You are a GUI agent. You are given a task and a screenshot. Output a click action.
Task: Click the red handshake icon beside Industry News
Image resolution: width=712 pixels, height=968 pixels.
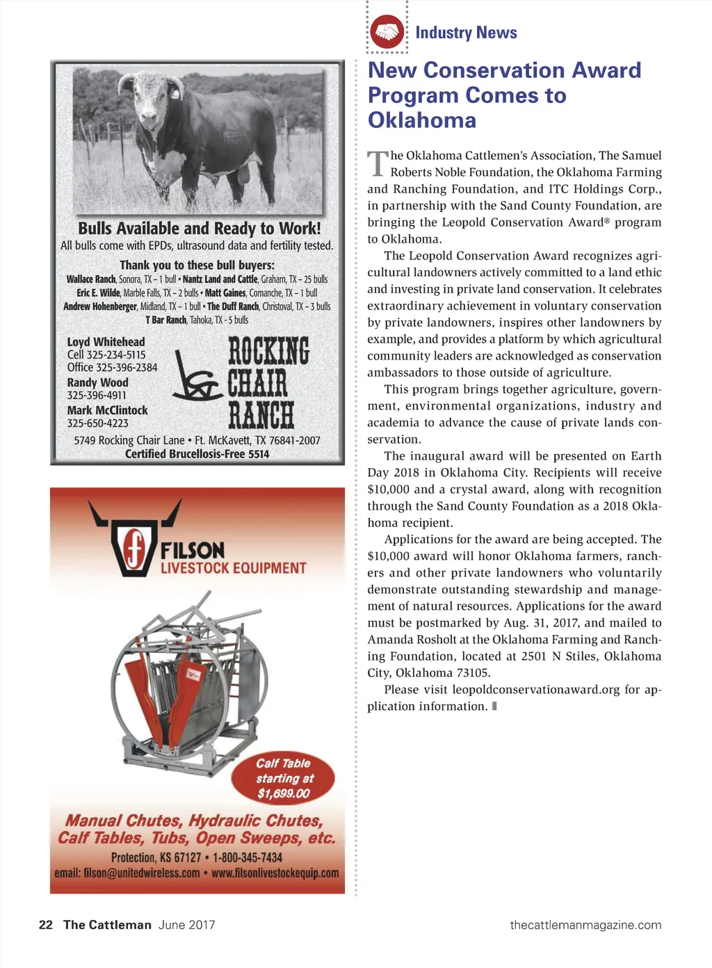pyautogui.click(x=387, y=32)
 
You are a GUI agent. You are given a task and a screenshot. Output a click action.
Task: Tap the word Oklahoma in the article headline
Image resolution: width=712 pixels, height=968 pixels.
pyautogui.click(x=422, y=120)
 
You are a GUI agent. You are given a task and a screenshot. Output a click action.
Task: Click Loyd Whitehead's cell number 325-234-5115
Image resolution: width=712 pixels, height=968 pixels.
pyautogui.click(x=115, y=355)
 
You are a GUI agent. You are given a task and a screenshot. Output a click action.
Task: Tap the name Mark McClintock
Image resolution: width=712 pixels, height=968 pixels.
pyautogui.click(x=107, y=410)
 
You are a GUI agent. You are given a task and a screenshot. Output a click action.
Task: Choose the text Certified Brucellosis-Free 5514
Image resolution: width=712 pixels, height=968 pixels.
pyautogui.click(x=197, y=454)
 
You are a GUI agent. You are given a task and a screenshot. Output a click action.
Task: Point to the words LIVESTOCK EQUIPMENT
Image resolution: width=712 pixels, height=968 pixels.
pyautogui.click(x=233, y=568)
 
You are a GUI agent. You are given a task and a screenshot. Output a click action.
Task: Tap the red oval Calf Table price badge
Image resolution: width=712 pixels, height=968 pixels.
pyautogui.click(x=283, y=778)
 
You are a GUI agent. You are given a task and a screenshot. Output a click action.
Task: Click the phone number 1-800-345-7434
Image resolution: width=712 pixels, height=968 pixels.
pyautogui.click(x=248, y=857)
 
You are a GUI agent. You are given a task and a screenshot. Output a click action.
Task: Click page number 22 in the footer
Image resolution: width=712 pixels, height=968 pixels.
pyautogui.click(x=46, y=925)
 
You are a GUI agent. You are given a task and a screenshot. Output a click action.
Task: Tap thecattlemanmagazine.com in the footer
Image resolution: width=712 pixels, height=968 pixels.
pyautogui.click(x=585, y=925)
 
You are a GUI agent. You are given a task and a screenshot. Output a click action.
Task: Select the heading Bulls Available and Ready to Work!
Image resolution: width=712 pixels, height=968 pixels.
pyautogui.click(x=200, y=229)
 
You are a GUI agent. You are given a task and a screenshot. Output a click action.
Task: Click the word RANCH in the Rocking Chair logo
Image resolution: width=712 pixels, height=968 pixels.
pyautogui.click(x=261, y=416)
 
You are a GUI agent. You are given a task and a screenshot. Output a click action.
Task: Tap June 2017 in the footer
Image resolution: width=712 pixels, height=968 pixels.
pyautogui.click(x=186, y=925)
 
